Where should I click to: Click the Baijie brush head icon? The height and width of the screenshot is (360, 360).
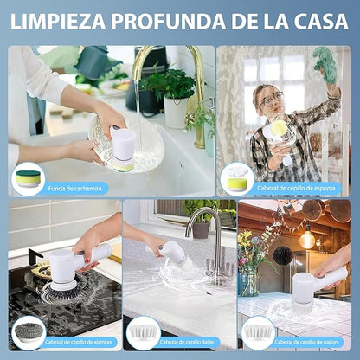click(x=143, y=332)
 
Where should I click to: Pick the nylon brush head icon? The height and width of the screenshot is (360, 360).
click(x=258, y=332)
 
